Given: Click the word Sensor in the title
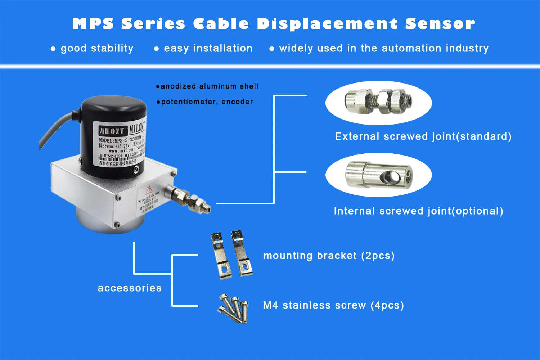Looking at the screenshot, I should pyautogui.click(x=440, y=24).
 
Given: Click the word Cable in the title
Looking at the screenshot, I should pyautogui.click(x=221, y=24).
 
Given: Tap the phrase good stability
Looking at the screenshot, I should pyautogui.click(x=97, y=48).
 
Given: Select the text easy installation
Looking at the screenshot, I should pyautogui.click(x=208, y=48).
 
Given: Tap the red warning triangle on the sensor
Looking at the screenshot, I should pyautogui.click(x=149, y=190).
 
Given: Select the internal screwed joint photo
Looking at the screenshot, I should pyautogui.click(x=378, y=175).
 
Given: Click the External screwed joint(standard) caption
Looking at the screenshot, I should pyautogui.click(x=423, y=137).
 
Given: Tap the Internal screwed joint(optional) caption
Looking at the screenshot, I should pyautogui.click(x=418, y=211).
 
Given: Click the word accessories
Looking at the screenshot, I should pyautogui.click(x=130, y=288).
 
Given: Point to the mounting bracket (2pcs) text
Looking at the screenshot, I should pyautogui.click(x=329, y=256).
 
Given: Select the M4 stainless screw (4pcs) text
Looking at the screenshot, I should pyautogui.click(x=333, y=306).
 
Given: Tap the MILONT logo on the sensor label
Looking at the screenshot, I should pyautogui.click(x=113, y=130).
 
